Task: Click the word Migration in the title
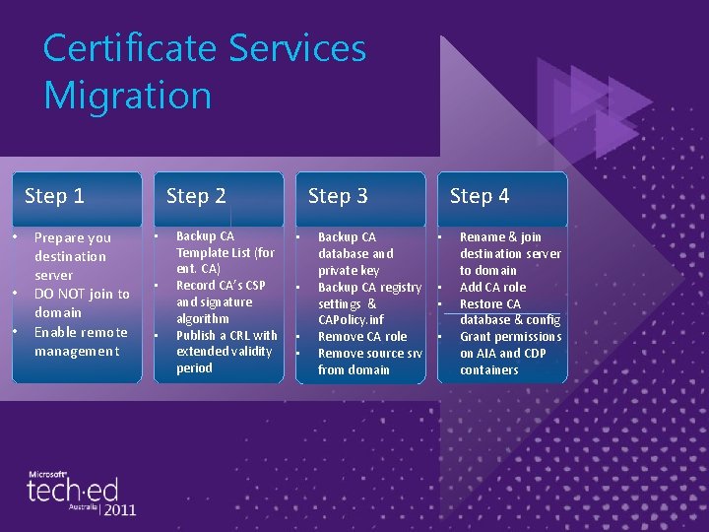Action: pos(128,96)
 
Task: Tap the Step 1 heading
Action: pos(54,196)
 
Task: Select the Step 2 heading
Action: pos(196,196)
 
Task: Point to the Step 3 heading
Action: pos(338,196)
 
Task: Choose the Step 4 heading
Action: pos(480,196)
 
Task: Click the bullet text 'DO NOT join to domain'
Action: pos(81,302)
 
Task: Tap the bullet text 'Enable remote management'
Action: pos(80,341)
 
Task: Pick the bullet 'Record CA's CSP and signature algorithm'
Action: pos(219,301)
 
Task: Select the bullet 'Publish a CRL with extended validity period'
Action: pos(226,352)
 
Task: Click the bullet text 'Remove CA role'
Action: pos(361,336)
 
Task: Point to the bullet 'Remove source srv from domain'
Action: pos(368,361)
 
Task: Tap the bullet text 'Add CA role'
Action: pos(492,287)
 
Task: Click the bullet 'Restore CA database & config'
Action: pos(509,311)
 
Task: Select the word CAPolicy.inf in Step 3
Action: pos(351,319)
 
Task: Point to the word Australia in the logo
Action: pos(83,507)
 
